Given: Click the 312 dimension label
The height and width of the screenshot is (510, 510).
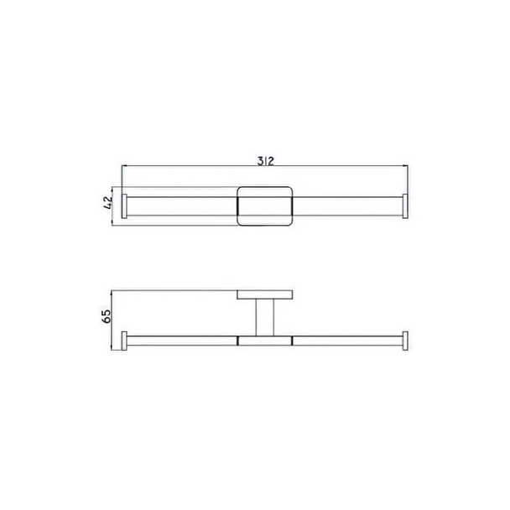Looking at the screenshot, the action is click(x=265, y=161).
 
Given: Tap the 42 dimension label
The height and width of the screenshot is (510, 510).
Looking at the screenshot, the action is click(x=108, y=203).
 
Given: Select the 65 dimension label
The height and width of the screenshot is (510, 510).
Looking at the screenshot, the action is click(x=107, y=316).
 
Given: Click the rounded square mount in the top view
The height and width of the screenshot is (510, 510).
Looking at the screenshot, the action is click(x=265, y=206).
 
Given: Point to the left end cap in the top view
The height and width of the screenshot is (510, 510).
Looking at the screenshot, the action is click(x=124, y=206).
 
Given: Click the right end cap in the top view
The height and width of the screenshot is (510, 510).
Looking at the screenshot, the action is click(x=405, y=206).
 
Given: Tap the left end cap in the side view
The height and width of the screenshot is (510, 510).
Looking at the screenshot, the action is click(x=124, y=341).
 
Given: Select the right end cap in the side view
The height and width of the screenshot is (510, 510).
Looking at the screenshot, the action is click(x=405, y=341).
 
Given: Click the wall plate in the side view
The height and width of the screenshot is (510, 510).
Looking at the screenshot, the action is click(x=265, y=294).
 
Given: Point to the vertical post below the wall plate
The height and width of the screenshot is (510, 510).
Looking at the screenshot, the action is click(x=265, y=317).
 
